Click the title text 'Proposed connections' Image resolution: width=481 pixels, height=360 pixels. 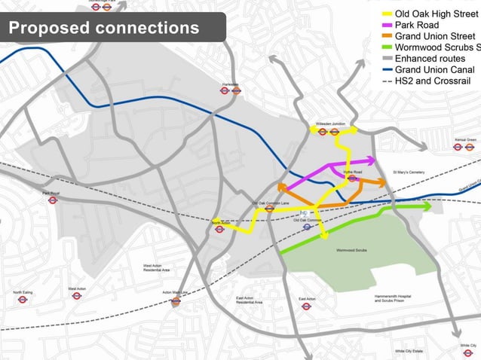tap(104, 29)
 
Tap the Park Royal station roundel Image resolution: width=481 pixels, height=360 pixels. tap(52, 200)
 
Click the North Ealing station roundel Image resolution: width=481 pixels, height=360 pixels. tap(23, 299)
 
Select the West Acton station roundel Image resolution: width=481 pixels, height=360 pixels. tap(77, 295)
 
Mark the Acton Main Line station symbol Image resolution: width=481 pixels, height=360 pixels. tap(176, 301)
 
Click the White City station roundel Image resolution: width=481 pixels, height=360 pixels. tap(468, 352)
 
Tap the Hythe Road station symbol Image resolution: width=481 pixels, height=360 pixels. tap(352, 179)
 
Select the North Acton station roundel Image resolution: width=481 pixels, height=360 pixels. tap(219, 229)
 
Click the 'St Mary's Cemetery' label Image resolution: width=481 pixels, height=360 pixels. tap(406, 172)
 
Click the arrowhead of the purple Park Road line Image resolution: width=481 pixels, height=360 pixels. tap(371, 160)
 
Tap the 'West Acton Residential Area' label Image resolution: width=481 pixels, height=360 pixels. tap(157, 267)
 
